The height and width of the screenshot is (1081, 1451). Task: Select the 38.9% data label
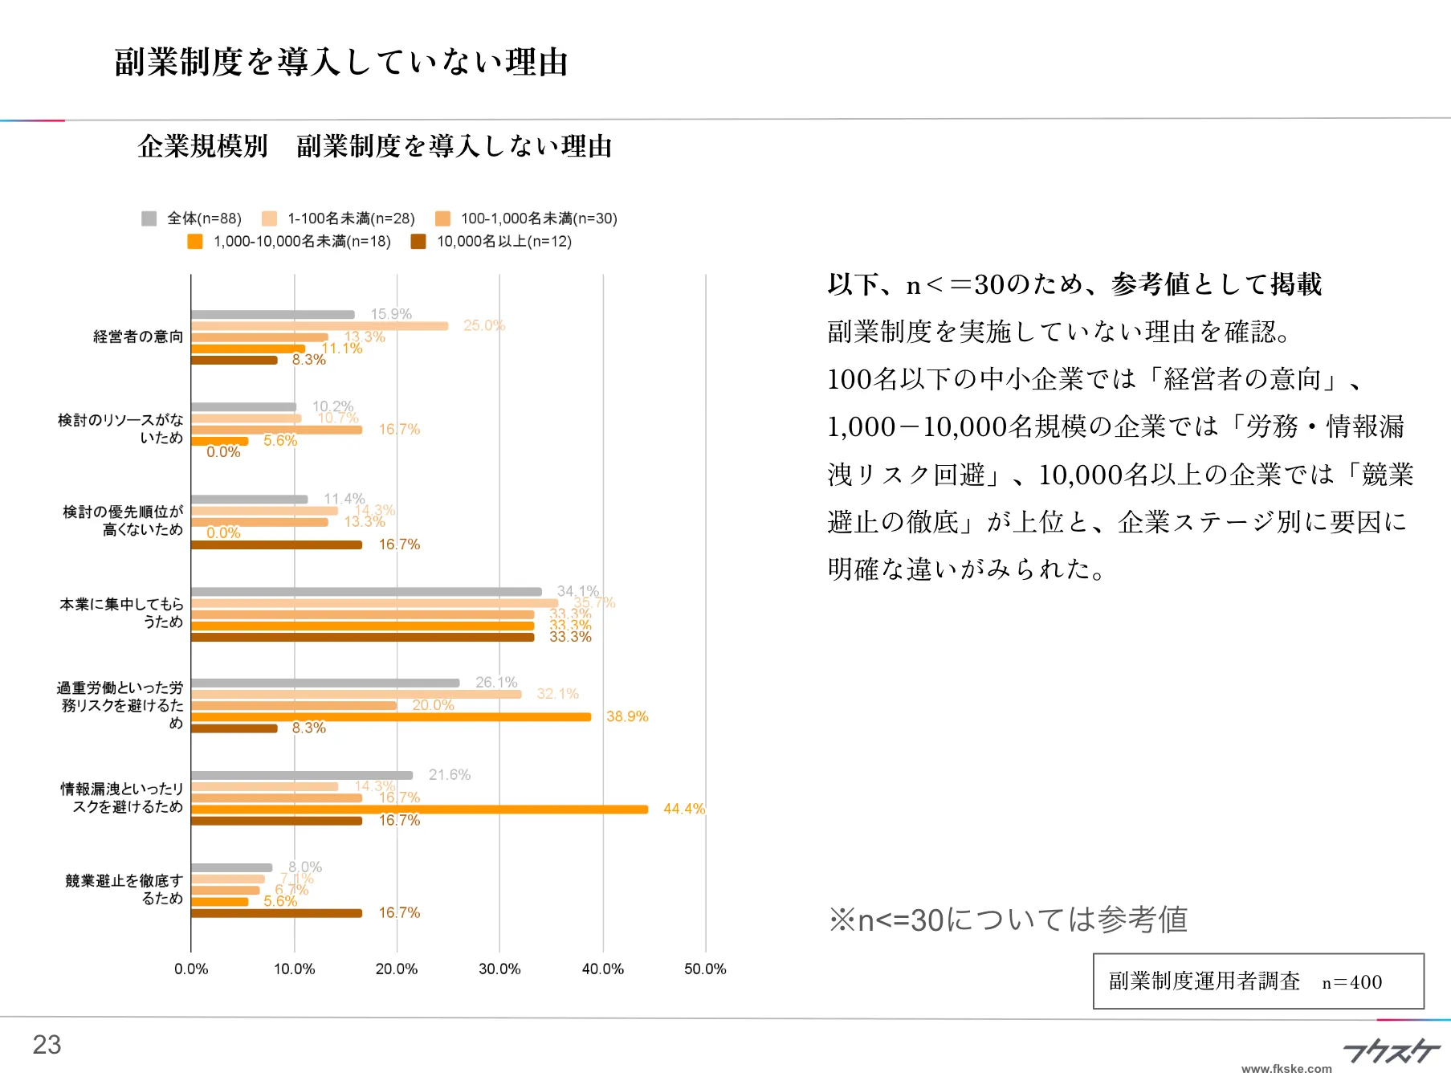[x=626, y=716]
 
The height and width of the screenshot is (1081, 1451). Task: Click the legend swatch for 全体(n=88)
[x=149, y=218]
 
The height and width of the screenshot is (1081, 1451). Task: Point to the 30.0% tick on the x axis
[x=499, y=969]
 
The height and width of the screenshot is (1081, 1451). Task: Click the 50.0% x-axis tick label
[x=705, y=969]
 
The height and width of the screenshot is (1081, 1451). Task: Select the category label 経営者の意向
[x=138, y=337]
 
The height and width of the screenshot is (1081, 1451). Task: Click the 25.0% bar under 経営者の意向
[x=320, y=326]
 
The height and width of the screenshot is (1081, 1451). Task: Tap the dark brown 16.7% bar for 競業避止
[x=276, y=913]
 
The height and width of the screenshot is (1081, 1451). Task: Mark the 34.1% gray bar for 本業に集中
[x=366, y=592]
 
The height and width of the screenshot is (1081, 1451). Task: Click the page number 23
[x=47, y=1045]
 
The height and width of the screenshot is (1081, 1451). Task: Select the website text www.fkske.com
[x=1286, y=1069]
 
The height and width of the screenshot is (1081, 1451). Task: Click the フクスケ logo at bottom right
[x=1392, y=1050]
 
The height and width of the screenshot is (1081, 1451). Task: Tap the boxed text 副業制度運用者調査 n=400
[x=1257, y=981]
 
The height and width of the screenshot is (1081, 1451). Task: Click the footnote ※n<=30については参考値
[x=1008, y=920]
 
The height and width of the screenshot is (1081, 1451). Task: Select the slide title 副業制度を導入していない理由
[x=341, y=63]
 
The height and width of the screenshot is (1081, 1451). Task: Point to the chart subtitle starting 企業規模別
[x=374, y=146]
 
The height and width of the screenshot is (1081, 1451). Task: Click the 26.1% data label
[x=496, y=682]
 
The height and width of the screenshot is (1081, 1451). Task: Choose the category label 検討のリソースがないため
[x=120, y=429]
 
